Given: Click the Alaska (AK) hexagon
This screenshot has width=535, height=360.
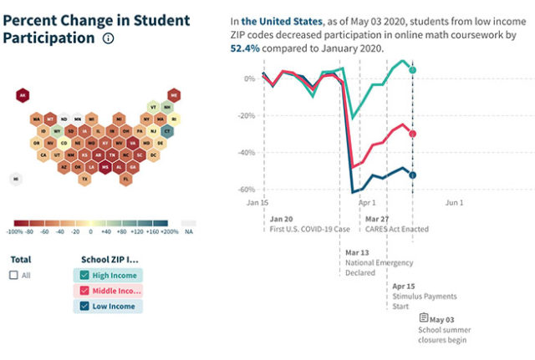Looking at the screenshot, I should click(23, 96).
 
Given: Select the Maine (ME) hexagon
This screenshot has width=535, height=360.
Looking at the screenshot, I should click(175, 95).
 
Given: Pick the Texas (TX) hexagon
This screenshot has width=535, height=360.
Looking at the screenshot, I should click(84, 179).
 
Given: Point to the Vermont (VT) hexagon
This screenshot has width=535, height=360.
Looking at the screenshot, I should click(153, 108).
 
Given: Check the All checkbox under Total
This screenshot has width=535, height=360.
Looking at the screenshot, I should click(13, 275).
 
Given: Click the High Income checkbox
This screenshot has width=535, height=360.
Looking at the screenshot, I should click(84, 276).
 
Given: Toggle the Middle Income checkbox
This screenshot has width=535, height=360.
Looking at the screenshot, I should click(84, 291).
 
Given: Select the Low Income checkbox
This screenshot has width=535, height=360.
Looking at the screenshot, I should click(84, 307).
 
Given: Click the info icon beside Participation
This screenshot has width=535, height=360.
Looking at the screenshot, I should click(108, 38).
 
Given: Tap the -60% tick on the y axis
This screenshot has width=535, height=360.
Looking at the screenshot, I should click(247, 190).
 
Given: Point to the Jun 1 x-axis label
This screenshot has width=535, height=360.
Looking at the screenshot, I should click(454, 202).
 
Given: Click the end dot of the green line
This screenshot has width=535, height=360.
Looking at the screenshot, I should click(413, 69).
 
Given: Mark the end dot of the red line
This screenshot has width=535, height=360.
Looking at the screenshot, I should click(413, 134).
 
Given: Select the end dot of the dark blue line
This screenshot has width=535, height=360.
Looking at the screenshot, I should click(413, 175).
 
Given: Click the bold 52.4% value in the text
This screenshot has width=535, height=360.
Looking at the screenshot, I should click(246, 48).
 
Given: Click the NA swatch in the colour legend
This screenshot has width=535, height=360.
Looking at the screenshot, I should click(188, 224).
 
